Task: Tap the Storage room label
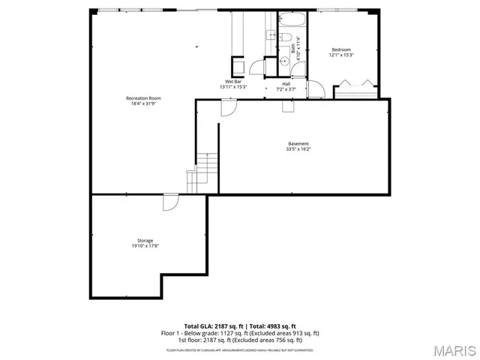(x=145, y=240)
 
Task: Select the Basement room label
(x=298, y=143)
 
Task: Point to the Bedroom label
(x=341, y=49)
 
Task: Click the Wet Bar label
(x=233, y=81)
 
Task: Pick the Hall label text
(x=286, y=83)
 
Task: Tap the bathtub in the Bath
(x=289, y=19)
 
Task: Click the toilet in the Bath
(x=286, y=40)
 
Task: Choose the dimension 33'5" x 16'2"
(x=298, y=149)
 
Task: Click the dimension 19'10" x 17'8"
(x=145, y=246)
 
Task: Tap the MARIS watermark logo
(x=452, y=349)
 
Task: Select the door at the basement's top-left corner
(x=228, y=107)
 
